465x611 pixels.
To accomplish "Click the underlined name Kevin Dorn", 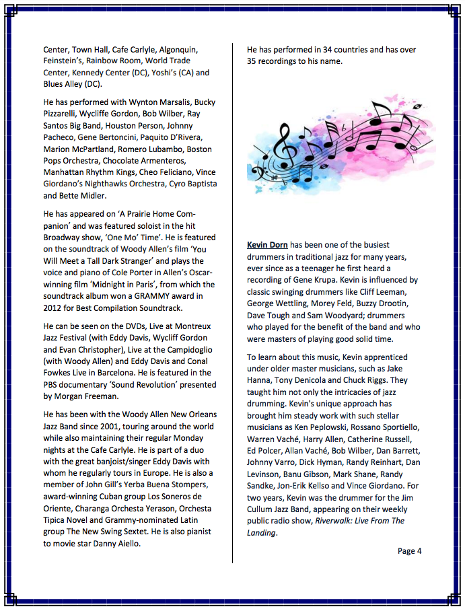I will pyautogui.click(x=268, y=245).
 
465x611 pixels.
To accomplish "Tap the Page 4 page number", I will pyautogui.click(x=409, y=550).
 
